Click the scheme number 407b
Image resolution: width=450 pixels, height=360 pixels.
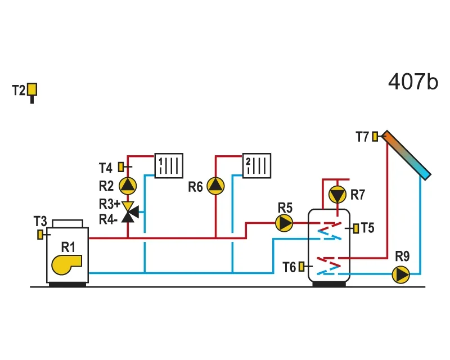click(413, 82)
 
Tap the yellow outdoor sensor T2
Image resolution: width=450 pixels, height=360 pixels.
click(32, 89)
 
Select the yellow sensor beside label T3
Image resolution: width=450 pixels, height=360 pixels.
click(40, 235)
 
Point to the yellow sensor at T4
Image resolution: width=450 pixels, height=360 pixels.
click(121, 167)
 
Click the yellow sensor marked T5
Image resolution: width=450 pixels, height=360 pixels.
click(356, 228)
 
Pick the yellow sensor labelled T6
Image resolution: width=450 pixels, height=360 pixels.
click(301, 267)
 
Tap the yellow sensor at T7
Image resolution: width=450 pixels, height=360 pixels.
click(375, 136)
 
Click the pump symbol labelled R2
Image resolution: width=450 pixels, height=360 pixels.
click(128, 186)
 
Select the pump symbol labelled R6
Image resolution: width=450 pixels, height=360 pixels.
click(215, 186)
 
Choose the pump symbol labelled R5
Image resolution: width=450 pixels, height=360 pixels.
click(284, 223)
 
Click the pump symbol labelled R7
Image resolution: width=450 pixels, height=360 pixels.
click(337, 195)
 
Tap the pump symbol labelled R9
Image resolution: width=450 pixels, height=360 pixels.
click(401, 274)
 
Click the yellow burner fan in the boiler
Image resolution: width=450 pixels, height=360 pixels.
click(66, 264)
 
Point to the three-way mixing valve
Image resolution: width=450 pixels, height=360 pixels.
click(129, 212)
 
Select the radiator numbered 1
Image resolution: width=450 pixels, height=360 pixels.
click(169, 165)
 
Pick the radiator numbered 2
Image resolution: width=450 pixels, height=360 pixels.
click(256, 165)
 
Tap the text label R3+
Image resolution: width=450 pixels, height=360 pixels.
click(109, 204)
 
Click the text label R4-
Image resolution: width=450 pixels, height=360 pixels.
click(108, 219)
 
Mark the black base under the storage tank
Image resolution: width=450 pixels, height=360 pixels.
click(329, 284)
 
